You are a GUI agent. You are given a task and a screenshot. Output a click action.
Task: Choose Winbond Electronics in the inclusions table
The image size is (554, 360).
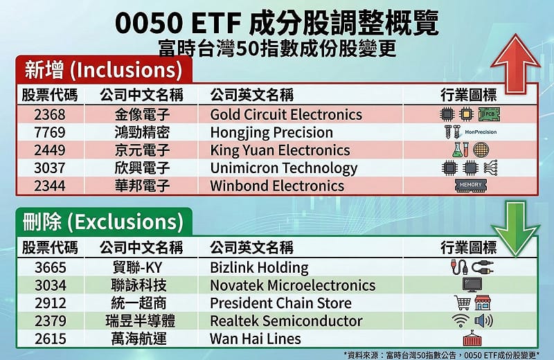pyautogui.click(x=277, y=186)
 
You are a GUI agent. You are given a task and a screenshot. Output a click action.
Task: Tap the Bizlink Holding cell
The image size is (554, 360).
pyautogui.click(x=259, y=268)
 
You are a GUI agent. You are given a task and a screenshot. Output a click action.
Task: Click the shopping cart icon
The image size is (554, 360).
pyautogui.click(x=462, y=303)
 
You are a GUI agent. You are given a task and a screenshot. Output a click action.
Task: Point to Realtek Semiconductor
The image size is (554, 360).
pyautogui.click(x=286, y=321)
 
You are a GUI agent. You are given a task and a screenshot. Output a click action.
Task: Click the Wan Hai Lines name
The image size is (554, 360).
pyautogui.click(x=256, y=339)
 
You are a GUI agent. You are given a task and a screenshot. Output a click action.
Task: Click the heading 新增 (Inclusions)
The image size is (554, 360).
pyautogui.click(x=103, y=69)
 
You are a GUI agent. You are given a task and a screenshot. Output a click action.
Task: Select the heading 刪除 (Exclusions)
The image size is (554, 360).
pyautogui.click(x=103, y=222)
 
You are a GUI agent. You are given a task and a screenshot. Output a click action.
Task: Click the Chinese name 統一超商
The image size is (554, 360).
pyautogui.click(x=141, y=303)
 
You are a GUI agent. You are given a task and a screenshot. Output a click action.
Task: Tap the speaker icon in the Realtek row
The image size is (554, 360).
pyautogui.click(x=483, y=321)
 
